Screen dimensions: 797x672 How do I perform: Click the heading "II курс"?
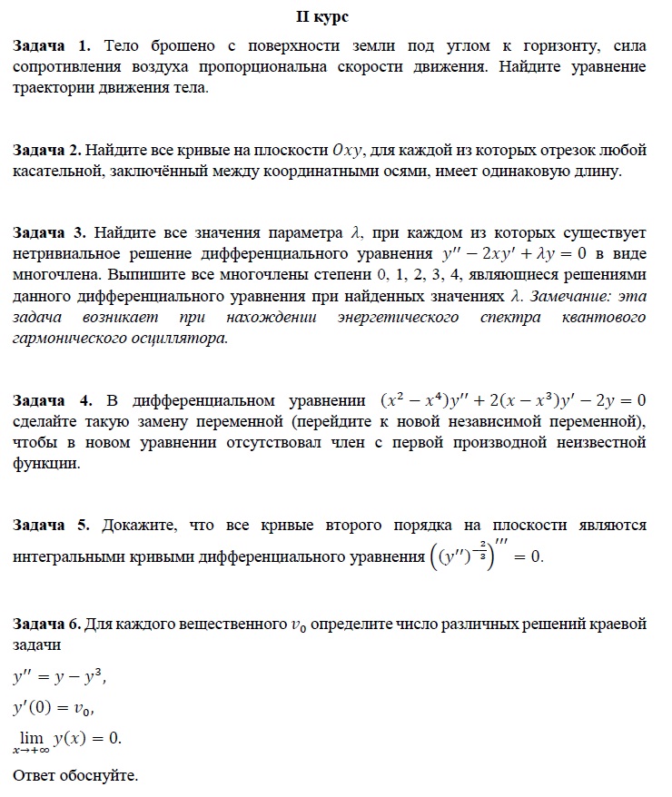click(335, 17)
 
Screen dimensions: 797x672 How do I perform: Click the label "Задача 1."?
click(52, 44)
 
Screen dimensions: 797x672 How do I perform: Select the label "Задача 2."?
click(48, 149)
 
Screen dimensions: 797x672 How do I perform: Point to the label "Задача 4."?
click(53, 400)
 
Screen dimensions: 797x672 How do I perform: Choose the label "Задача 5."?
click(52, 525)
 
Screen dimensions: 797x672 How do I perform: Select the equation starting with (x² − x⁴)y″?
click(513, 400)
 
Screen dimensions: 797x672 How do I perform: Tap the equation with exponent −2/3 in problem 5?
click(485, 555)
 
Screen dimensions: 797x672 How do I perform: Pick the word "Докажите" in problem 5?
click(135, 525)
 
